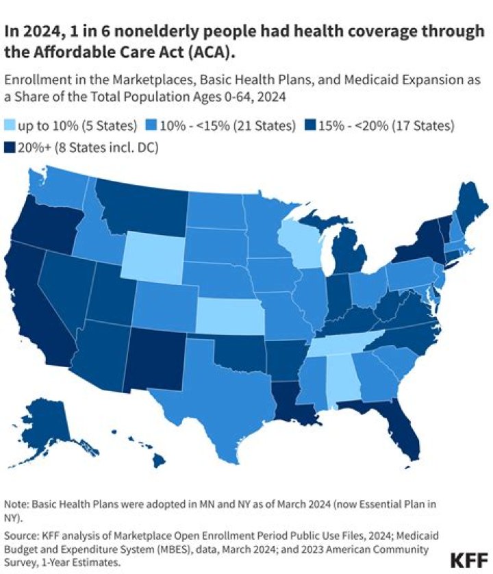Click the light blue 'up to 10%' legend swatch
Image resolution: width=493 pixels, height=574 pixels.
pos(10,127)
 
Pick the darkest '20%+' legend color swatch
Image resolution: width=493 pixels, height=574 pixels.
pos(10,147)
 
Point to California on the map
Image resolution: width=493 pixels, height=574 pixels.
pos(31,308)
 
